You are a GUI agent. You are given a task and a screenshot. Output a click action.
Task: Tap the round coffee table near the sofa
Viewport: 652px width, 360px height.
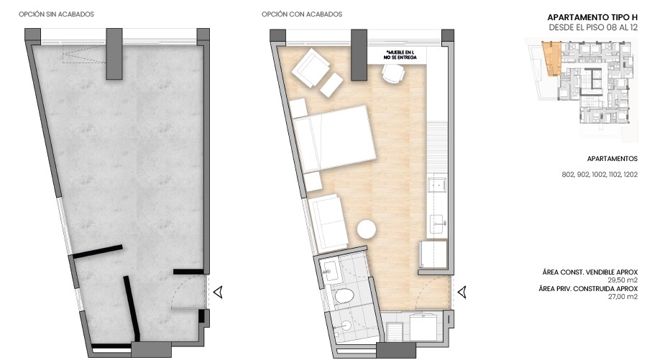click(x=367, y=229)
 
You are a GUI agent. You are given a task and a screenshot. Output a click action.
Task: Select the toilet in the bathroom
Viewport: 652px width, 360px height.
click(x=345, y=295)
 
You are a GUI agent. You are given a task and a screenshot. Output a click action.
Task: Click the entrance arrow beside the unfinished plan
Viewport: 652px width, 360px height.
click(x=219, y=292)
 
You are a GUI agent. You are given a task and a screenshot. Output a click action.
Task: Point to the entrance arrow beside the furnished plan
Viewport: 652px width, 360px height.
click(x=464, y=292)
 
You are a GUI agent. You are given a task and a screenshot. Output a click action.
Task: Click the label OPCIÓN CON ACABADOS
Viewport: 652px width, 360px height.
click(x=302, y=14)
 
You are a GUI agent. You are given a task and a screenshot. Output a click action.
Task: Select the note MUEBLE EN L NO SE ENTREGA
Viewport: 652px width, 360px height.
click(x=400, y=55)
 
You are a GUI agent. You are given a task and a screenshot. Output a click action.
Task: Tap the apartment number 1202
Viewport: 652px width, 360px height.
click(x=630, y=174)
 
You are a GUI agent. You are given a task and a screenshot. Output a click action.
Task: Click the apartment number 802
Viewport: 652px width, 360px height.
click(x=569, y=174)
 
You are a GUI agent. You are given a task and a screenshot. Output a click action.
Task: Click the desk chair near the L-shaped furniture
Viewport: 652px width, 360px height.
click(x=392, y=73)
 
